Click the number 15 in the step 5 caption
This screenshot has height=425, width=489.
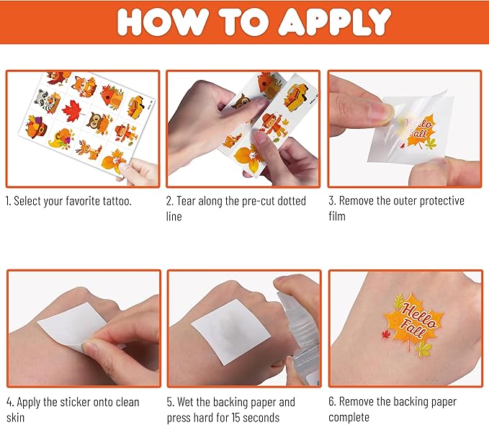[241, 417]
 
